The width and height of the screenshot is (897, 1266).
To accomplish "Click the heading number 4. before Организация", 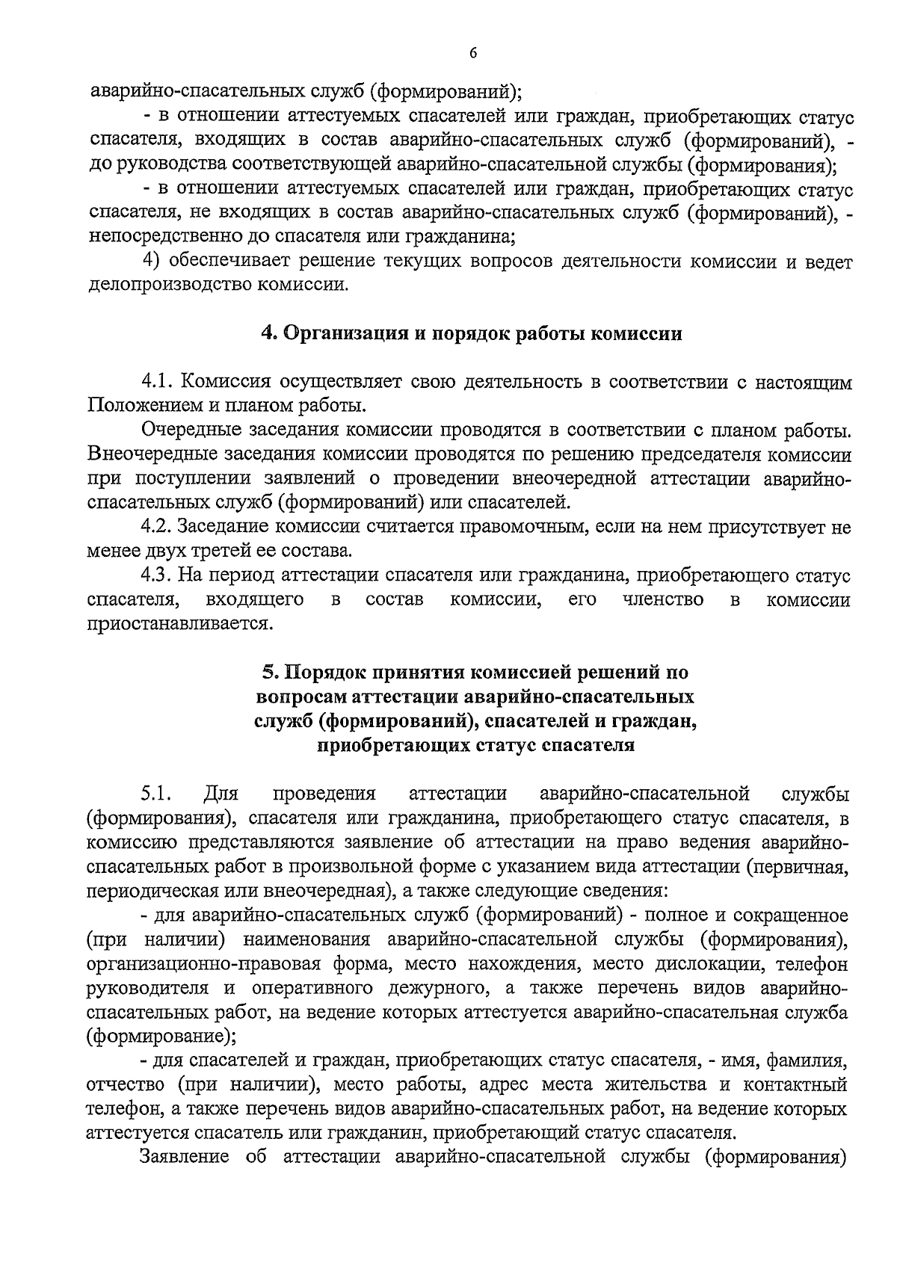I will point(269,333).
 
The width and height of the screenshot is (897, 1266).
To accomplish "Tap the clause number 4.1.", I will point(158,383).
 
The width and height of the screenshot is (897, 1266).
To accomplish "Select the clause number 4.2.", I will point(158,527).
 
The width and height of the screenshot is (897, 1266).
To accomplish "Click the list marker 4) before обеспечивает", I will point(151,261).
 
